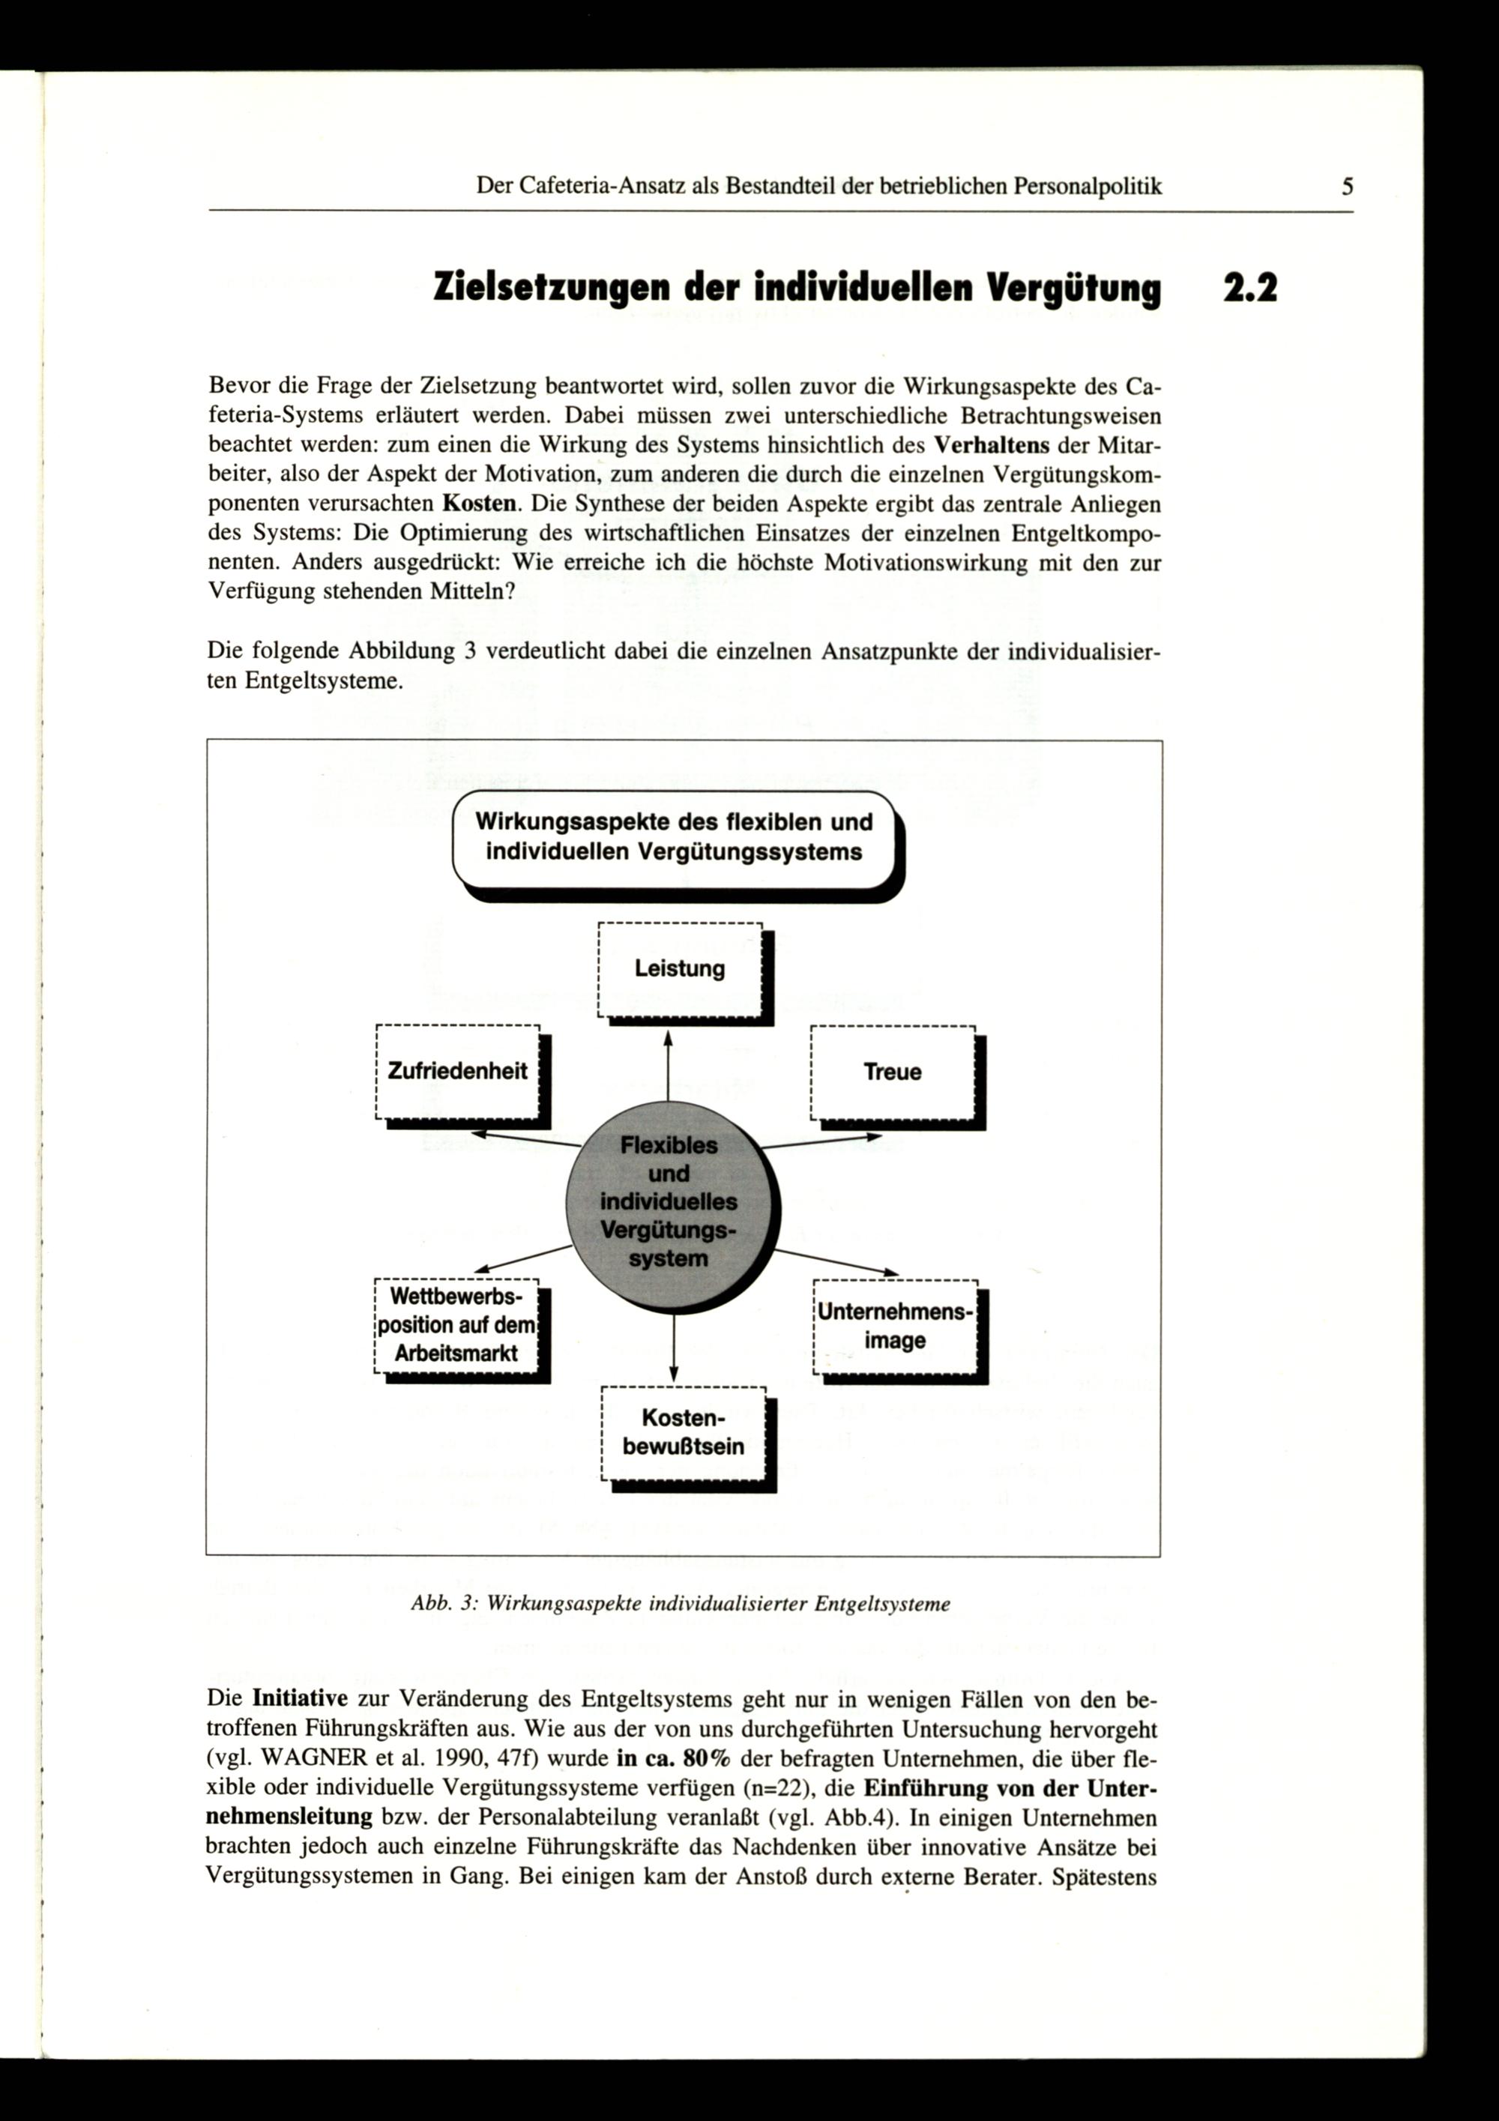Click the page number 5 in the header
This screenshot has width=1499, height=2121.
pyautogui.click(x=1348, y=187)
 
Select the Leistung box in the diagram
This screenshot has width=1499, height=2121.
pyautogui.click(x=680, y=969)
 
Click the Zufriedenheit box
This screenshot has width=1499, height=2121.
pyautogui.click(x=457, y=1072)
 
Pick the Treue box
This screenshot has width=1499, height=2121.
pyautogui.click(x=892, y=1072)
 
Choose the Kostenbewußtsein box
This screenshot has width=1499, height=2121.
pyautogui.click(x=683, y=1433)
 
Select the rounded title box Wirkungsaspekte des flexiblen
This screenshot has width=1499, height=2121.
pyautogui.click(x=675, y=837)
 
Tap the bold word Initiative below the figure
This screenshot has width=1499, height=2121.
pyautogui.click(x=299, y=1699)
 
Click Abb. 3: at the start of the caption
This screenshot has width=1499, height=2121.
pyautogui.click(x=442, y=1605)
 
